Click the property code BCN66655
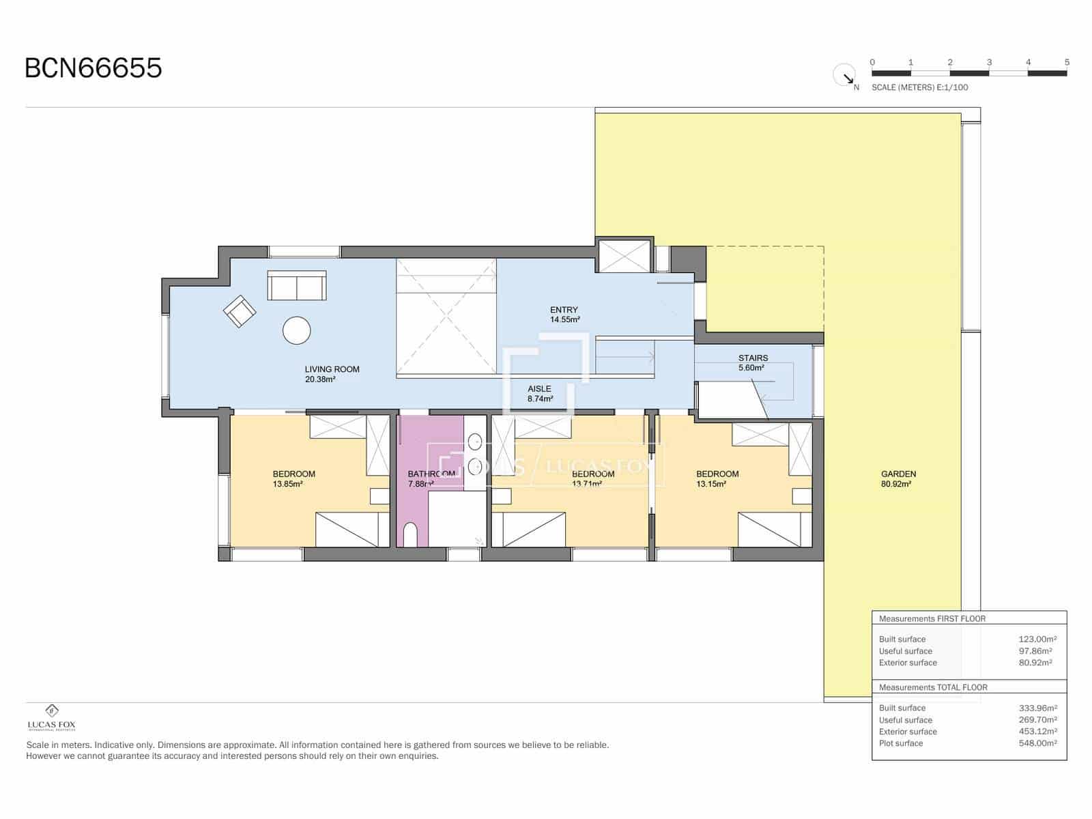(x=94, y=68)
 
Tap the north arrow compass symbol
(x=845, y=75)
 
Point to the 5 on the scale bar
(x=1067, y=62)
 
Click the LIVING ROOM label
(x=332, y=374)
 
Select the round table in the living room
(x=297, y=330)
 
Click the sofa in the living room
(x=297, y=285)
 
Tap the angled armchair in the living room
(x=240, y=311)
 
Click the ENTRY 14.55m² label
(x=564, y=315)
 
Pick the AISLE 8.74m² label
(x=540, y=393)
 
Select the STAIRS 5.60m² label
(x=753, y=362)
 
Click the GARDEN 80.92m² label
(x=898, y=478)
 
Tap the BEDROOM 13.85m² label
(x=293, y=478)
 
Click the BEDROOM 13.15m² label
(x=717, y=478)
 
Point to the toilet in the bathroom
(x=410, y=535)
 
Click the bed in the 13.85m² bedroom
(x=347, y=530)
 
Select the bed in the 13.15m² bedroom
(x=769, y=530)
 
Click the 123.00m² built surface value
(x=1037, y=640)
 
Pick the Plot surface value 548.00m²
(x=1037, y=743)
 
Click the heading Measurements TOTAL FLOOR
(x=933, y=687)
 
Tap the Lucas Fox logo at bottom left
(x=51, y=717)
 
